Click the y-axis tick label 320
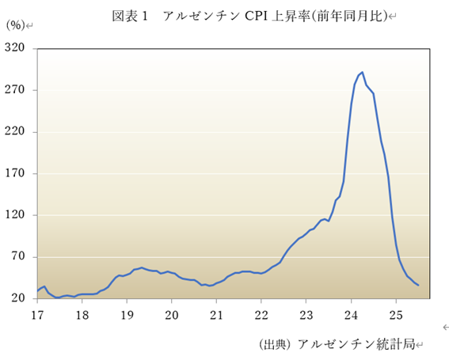point(16,48)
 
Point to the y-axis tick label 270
point(16,90)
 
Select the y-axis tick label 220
point(16,131)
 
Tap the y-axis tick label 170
point(16,173)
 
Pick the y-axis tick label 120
point(16,215)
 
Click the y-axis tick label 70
point(18,257)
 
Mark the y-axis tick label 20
point(18,298)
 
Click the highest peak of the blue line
point(362,72)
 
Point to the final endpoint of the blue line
point(418,285)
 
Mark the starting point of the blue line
point(37,290)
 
